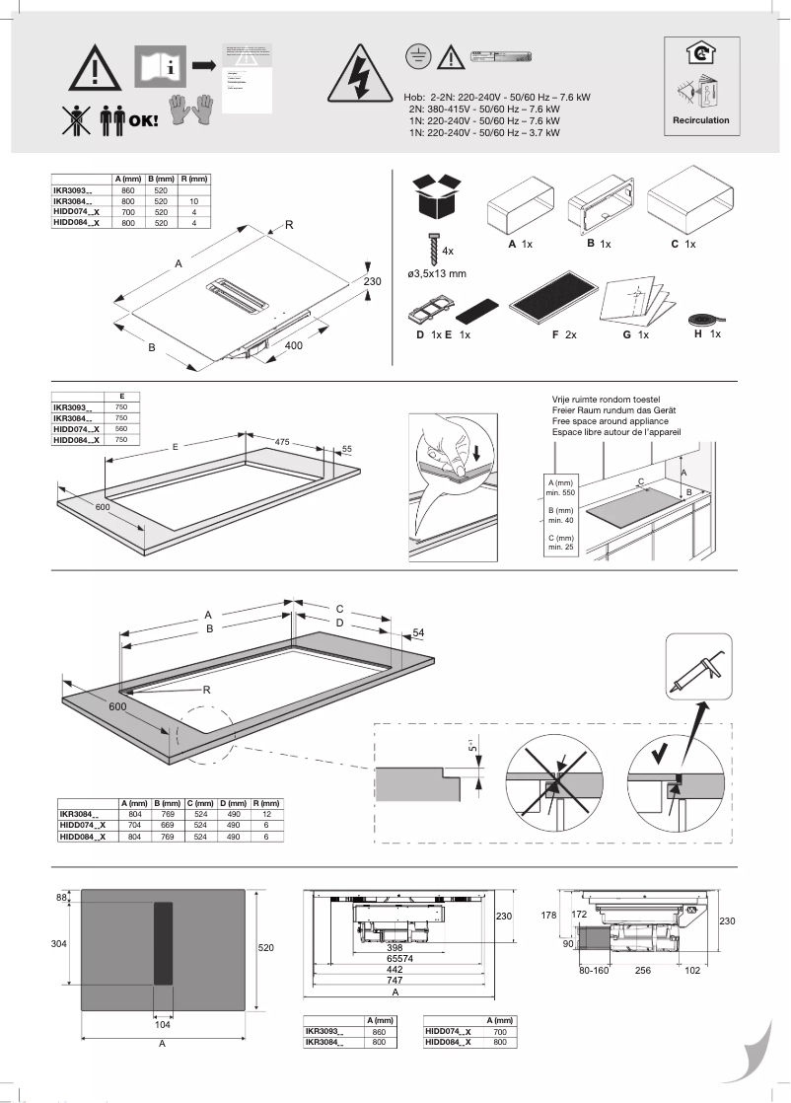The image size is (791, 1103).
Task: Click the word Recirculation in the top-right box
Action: pos(701,120)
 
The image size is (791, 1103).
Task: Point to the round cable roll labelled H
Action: pos(703,321)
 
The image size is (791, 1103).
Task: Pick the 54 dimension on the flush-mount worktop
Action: pos(417,631)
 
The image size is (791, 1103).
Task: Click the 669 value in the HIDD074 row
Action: pos(169,827)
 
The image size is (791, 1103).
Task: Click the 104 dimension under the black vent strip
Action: pos(163,1025)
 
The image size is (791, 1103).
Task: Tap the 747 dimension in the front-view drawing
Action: pos(395,982)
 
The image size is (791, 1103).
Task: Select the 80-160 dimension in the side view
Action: pos(591,970)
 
